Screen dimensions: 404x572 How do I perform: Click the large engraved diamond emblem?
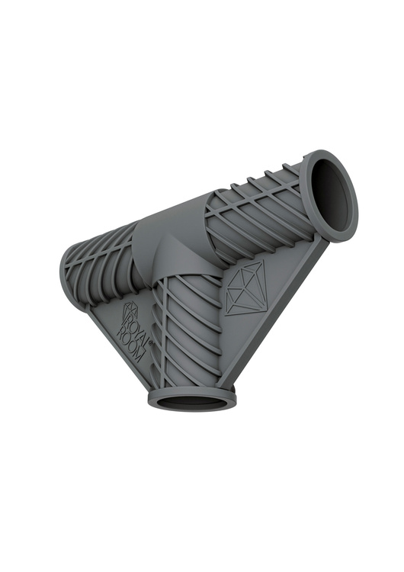[x=246, y=288]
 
